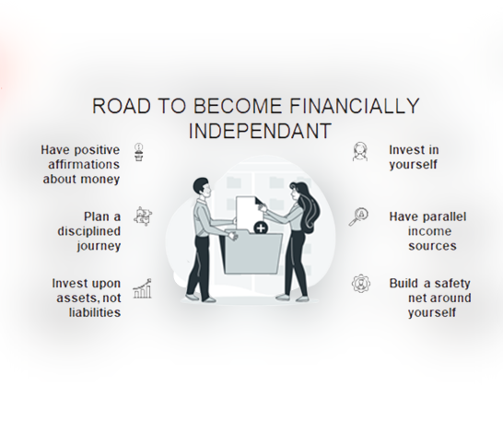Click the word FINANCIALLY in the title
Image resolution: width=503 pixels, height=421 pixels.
[355, 106]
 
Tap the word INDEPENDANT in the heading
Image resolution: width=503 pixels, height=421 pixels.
[260, 131]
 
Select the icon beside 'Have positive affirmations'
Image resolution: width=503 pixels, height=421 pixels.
[138, 152]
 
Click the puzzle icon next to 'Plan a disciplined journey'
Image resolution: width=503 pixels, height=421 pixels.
[143, 216]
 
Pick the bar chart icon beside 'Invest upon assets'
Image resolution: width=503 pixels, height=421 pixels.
[142, 288]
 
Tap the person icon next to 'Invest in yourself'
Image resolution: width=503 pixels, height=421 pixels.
[360, 151]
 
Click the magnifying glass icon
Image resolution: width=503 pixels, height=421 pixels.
[358, 216]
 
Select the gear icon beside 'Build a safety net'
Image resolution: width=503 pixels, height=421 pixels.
[361, 284]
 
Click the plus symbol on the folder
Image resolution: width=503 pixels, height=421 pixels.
[261, 228]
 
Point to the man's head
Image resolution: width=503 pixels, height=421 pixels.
[202, 188]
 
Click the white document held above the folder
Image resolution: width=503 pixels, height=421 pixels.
[248, 213]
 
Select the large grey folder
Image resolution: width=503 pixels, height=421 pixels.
[252, 252]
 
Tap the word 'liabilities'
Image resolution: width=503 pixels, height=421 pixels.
[95, 312]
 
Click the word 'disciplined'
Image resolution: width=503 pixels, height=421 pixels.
[89, 231]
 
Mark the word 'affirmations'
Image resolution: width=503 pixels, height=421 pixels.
[84, 164]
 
